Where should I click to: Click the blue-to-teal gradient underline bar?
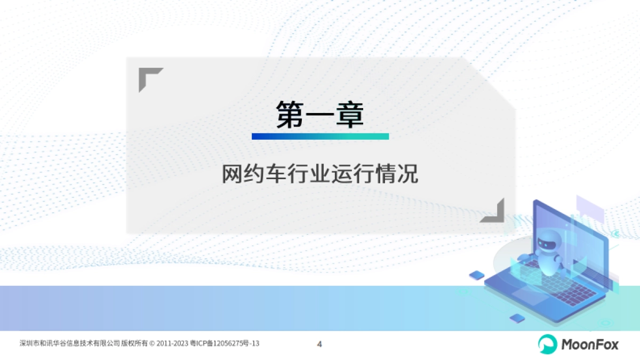pos(320,137)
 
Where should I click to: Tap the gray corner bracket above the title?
pos(149,78)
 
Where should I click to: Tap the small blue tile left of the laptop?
pos(476,275)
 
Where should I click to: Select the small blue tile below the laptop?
pos(517,318)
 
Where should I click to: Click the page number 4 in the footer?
pos(319,344)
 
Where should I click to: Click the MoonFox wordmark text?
pos(590,345)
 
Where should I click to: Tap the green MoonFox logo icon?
pos(547,344)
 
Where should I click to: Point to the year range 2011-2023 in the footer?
pos(171,343)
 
